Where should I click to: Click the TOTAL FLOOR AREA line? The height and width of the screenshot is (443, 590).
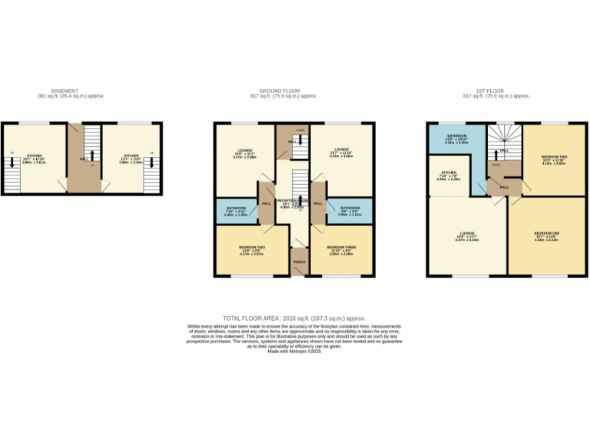294,318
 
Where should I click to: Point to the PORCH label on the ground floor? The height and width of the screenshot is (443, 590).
299,262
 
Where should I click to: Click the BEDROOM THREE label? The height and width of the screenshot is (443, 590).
341,248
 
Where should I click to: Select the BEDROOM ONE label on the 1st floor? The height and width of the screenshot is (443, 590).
547,232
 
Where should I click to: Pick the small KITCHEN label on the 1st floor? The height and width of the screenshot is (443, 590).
449,173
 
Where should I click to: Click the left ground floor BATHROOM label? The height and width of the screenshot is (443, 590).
236,208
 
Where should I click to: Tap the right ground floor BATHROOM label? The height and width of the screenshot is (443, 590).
350,208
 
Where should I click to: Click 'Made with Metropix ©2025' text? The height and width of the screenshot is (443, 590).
294,351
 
